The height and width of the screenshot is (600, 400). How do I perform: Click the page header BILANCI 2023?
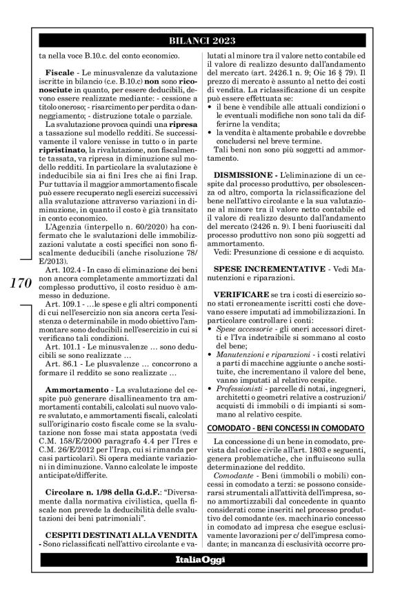200,40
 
